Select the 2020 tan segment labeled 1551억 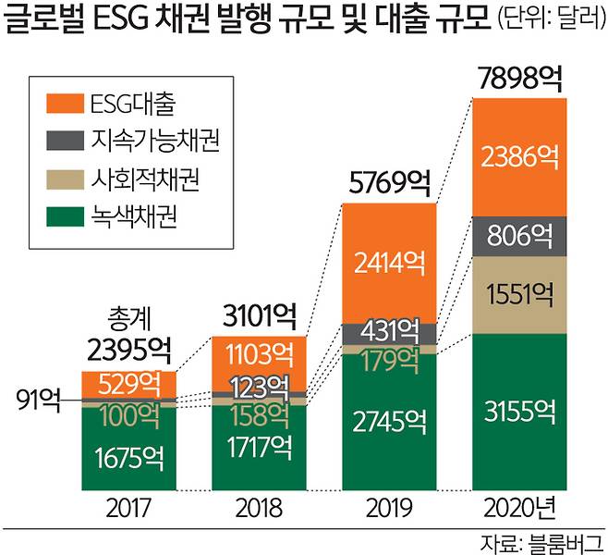pyautogui.click(x=519, y=295)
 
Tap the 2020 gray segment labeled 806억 pyautogui.click(x=519, y=234)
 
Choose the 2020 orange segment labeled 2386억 pyautogui.click(x=519, y=155)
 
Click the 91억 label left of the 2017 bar pyautogui.click(x=38, y=401)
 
